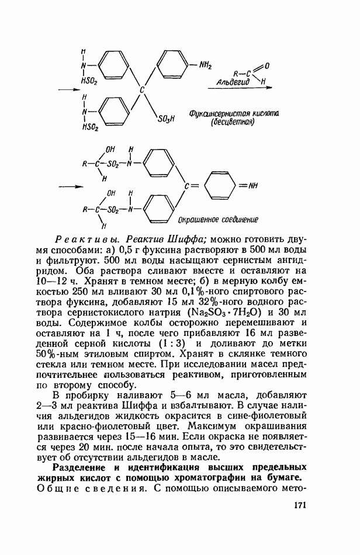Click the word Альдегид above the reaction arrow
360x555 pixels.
point(233,82)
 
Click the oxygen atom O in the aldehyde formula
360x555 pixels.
point(266,67)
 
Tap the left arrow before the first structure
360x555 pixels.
point(68,89)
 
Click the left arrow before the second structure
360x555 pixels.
point(68,186)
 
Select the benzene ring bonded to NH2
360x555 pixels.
point(174,64)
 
